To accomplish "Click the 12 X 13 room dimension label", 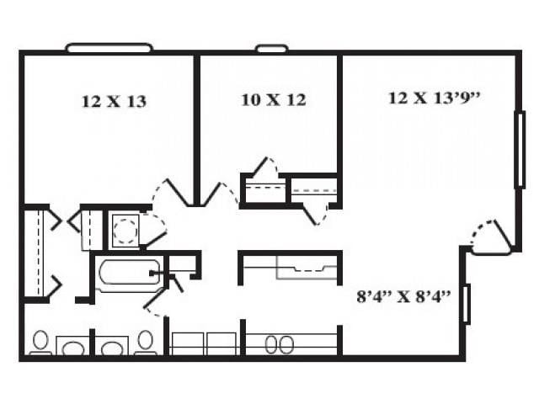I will tap(114, 102).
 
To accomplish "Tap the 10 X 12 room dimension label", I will tap(273, 100).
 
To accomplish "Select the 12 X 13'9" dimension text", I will tap(434, 98).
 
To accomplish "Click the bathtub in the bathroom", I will tap(128, 273).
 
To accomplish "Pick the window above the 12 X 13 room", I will tap(109, 48).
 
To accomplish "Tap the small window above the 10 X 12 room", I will tap(271, 48).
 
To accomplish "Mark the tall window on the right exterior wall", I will tap(519, 149).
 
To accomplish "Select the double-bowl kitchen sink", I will tap(280, 344).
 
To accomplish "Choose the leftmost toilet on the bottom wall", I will tap(40, 342).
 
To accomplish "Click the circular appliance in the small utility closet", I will tap(125, 229).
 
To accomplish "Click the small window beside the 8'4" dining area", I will tap(466, 304).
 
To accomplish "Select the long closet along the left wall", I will tap(35, 252).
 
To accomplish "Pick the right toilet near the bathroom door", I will tap(145, 342).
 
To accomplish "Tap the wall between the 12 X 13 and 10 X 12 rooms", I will tap(196, 126).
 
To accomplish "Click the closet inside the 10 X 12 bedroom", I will tap(264, 189).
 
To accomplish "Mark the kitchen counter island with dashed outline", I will tap(291, 267).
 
